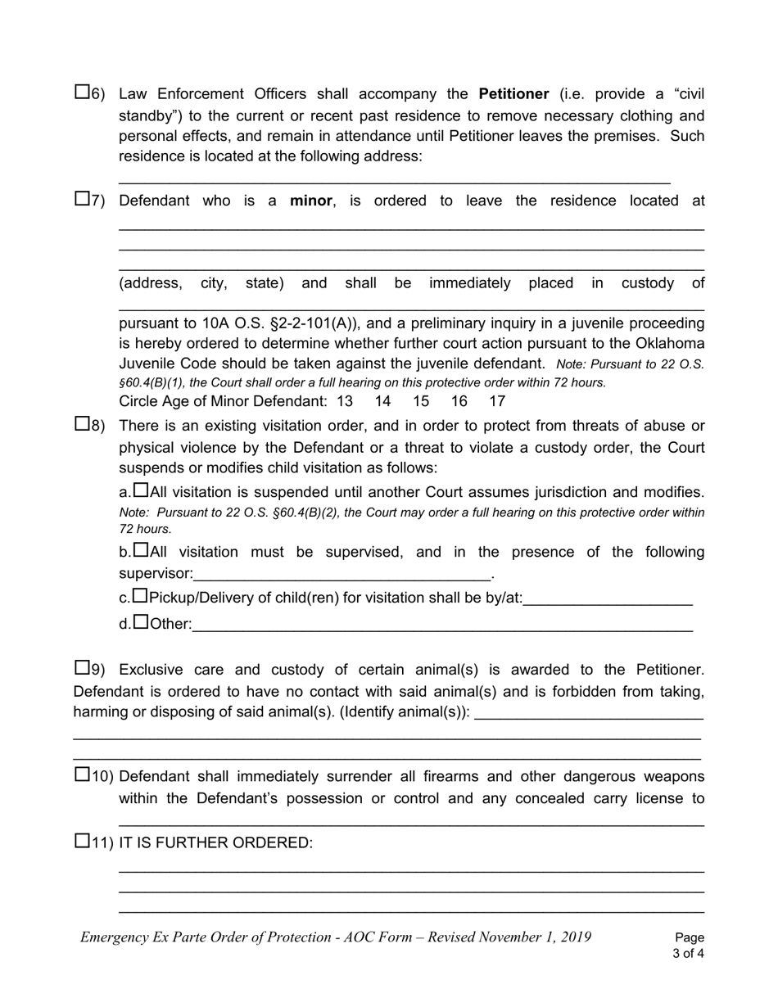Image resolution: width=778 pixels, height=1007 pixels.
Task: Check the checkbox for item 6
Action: click(82, 93)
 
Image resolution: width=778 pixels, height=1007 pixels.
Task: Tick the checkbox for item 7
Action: click(82, 198)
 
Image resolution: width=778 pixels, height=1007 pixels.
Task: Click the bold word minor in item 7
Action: click(311, 201)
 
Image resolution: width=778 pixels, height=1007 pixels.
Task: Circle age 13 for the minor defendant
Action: click(345, 401)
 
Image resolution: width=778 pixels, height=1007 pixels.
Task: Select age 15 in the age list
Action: click(421, 401)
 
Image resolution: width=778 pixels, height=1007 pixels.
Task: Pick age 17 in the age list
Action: click(496, 401)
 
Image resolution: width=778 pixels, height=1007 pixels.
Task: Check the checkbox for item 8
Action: click(82, 423)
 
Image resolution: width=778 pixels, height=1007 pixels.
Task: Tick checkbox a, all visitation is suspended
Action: click(141, 490)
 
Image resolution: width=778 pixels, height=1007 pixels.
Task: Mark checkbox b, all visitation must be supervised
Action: click(141, 550)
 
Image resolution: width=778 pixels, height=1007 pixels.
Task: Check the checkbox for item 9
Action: click(82, 667)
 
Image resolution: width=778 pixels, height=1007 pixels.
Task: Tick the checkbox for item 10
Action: click(82, 774)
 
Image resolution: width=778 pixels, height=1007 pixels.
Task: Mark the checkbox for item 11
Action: click(82, 841)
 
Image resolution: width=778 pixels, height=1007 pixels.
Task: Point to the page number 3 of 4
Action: click(688, 953)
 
